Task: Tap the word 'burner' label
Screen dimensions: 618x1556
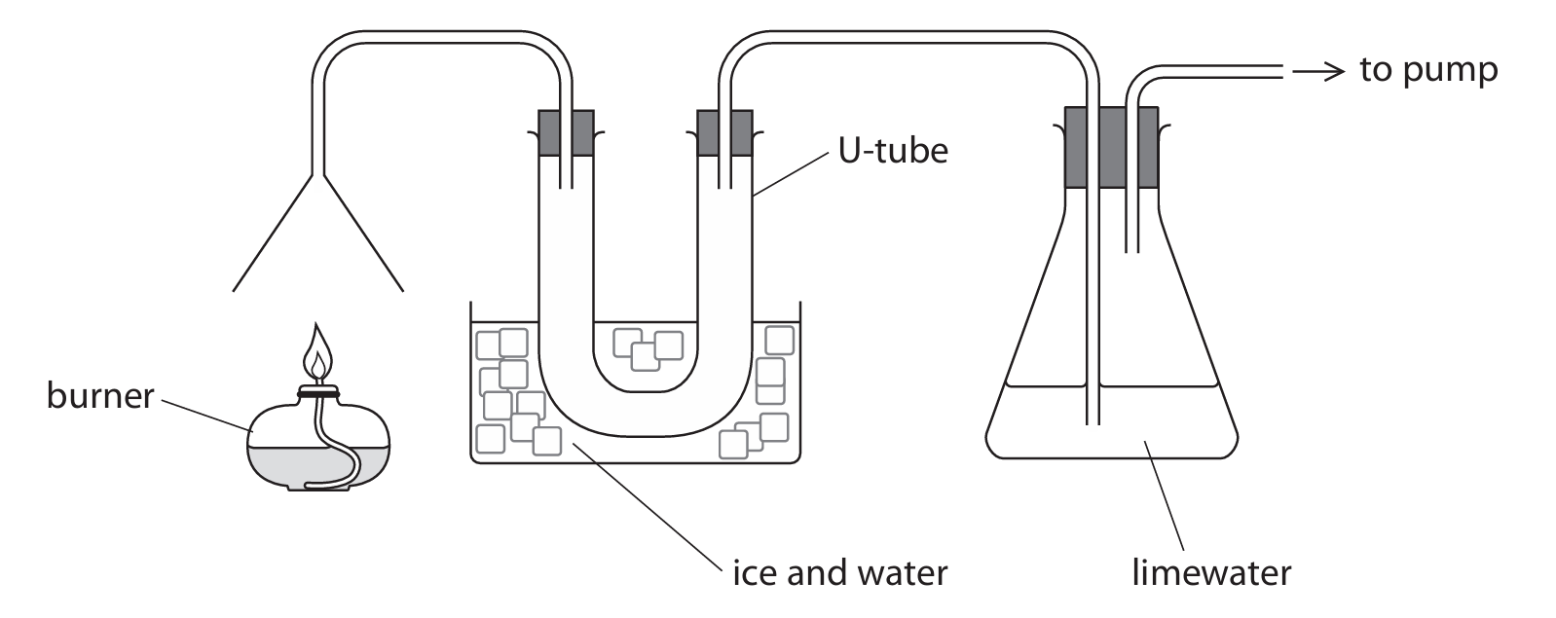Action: click(100, 396)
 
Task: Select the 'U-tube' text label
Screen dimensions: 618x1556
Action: click(893, 151)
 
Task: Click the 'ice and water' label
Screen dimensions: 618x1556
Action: click(839, 571)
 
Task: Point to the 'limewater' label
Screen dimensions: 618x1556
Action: click(1210, 571)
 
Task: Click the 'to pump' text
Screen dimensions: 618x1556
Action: click(1428, 70)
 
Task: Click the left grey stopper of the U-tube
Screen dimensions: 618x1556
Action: click(566, 132)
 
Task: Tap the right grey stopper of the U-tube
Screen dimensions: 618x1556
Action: click(725, 132)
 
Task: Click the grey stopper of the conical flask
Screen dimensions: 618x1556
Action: click(1111, 147)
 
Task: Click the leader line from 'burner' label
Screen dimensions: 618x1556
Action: click(204, 413)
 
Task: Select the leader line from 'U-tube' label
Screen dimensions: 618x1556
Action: click(793, 175)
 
